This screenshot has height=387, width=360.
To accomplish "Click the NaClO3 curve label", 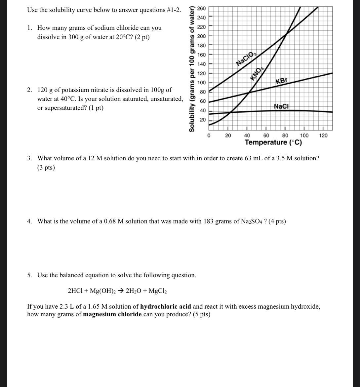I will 246,58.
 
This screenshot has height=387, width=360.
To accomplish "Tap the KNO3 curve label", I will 257,73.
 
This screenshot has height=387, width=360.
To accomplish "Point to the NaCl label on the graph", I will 281,106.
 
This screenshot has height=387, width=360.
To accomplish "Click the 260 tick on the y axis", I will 201,8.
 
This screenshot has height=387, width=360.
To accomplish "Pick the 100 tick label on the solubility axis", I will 201,83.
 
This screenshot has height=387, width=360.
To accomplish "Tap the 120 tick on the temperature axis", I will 323,135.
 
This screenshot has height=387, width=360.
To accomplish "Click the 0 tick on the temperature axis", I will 209,135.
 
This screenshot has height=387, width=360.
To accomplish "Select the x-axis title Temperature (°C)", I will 273,143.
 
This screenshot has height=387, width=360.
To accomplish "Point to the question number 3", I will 30,158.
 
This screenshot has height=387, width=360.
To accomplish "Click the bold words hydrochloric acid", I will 166,306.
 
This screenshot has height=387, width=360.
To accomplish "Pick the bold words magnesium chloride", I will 112,314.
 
